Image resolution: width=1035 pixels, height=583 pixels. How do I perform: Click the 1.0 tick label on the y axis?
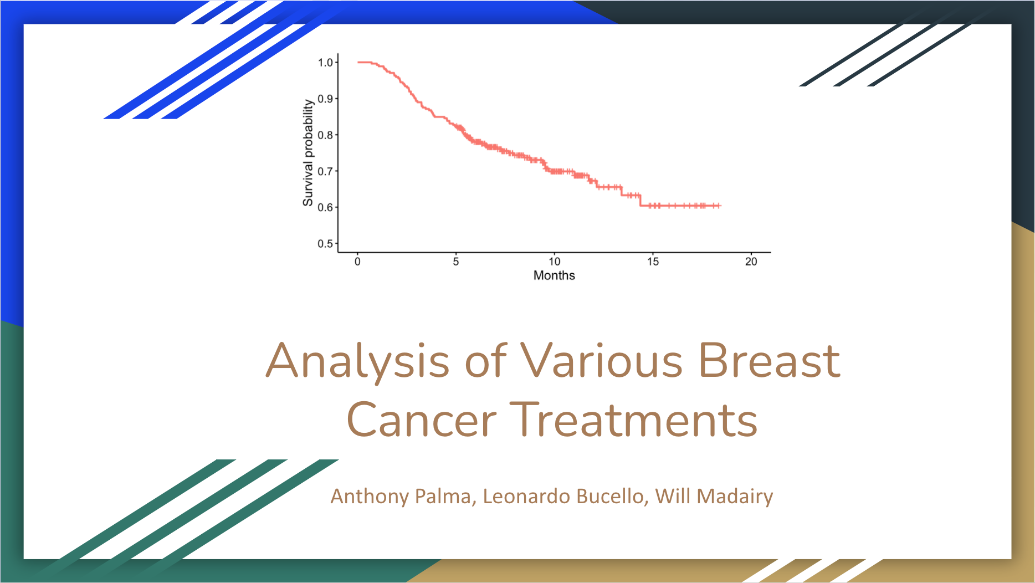(x=325, y=63)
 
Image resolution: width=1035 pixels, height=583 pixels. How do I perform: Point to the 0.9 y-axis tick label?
(x=325, y=99)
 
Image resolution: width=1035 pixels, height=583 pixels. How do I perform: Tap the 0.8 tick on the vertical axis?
(x=325, y=135)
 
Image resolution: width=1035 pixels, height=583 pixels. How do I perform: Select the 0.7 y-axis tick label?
(x=325, y=171)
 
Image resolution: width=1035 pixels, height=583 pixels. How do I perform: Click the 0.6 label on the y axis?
(x=325, y=207)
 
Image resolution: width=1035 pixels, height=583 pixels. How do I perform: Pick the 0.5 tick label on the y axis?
(x=325, y=244)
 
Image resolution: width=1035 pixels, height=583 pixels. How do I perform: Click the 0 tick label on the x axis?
(x=358, y=262)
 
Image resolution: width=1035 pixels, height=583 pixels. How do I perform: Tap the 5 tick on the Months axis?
(x=456, y=262)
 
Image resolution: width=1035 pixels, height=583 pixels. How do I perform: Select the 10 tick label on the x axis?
(x=555, y=262)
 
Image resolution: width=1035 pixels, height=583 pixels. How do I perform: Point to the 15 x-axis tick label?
(x=653, y=262)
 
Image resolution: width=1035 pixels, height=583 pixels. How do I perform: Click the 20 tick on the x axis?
(x=751, y=262)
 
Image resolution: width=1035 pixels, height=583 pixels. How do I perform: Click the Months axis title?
(x=554, y=275)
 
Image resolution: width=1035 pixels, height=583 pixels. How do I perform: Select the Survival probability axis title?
(x=308, y=153)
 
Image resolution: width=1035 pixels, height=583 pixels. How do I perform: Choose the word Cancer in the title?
(x=422, y=420)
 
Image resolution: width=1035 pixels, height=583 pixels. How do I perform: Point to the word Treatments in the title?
(x=633, y=420)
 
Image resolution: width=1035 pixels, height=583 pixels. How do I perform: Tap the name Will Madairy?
(x=714, y=497)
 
